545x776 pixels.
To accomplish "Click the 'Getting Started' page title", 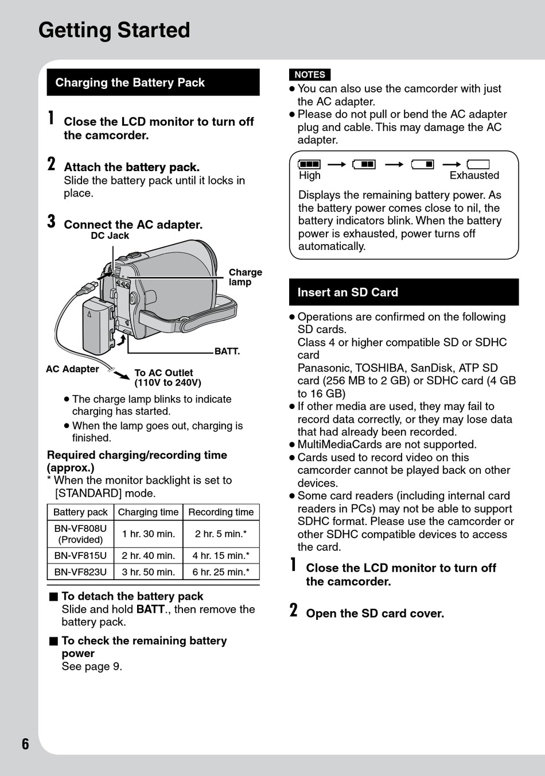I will coord(114,30).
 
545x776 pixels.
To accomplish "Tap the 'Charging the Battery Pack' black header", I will coord(153,82).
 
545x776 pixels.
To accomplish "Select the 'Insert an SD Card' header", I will coord(404,292).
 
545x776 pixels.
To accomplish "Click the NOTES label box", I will coord(310,75).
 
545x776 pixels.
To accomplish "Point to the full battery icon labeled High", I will coord(309,164).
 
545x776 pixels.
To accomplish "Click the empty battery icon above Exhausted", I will coord(478,164).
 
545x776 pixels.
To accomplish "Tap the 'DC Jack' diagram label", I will coord(110,235).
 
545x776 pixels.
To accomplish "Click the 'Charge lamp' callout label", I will coord(245,277).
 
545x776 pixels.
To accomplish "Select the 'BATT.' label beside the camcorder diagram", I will coord(227,351).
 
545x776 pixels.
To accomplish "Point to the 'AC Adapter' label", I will coord(72,369).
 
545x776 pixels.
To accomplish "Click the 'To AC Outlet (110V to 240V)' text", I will coord(168,377).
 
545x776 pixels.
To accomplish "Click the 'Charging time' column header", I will coord(148,512).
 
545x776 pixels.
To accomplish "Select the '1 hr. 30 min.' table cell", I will coord(148,534).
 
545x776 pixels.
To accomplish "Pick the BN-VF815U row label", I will coord(80,555).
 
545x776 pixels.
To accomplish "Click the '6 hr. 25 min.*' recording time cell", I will coord(221,572).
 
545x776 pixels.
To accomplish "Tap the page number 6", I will coord(25,744).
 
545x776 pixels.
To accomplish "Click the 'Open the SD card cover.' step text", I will coord(375,613).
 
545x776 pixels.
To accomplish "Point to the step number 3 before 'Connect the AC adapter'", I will coord(52,222).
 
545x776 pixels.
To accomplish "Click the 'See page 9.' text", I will coord(92,666).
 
